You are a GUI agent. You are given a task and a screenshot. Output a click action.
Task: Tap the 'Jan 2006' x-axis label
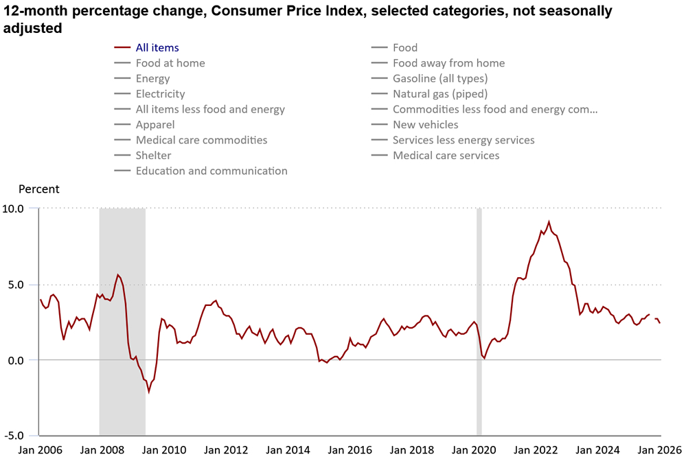40,450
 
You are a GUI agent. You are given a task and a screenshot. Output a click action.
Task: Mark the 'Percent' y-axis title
38,189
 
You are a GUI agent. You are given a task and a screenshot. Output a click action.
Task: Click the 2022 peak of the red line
549,222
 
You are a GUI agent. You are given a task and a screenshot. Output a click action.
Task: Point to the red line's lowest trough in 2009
148,392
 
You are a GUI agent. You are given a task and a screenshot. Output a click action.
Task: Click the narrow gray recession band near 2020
479,321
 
